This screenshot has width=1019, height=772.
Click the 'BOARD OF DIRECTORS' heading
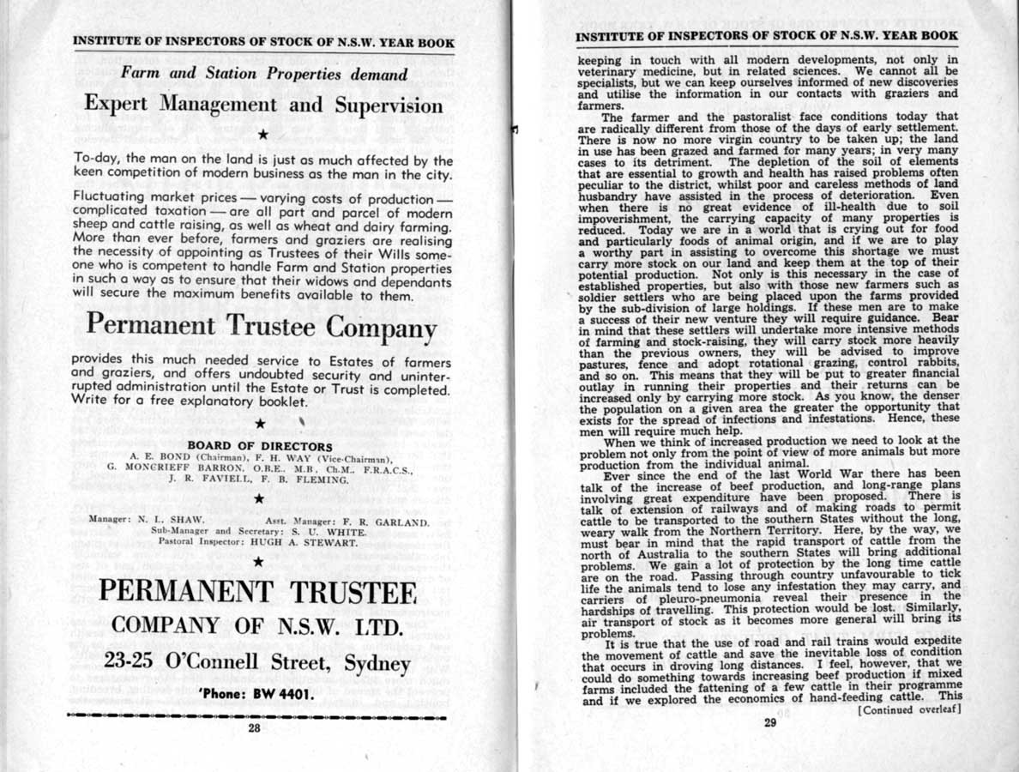pyautogui.click(x=259, y=446)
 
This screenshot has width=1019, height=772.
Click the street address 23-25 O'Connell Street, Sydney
pyautogui.click(x=257, y=662)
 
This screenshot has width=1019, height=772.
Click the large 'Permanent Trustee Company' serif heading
pyautogui.click(x=260, y=327)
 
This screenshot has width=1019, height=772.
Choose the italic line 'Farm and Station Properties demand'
pyautogui.click(x=263, y=74)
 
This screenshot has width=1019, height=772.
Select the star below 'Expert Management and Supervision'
pyautogui.click(x=263, y=135)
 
